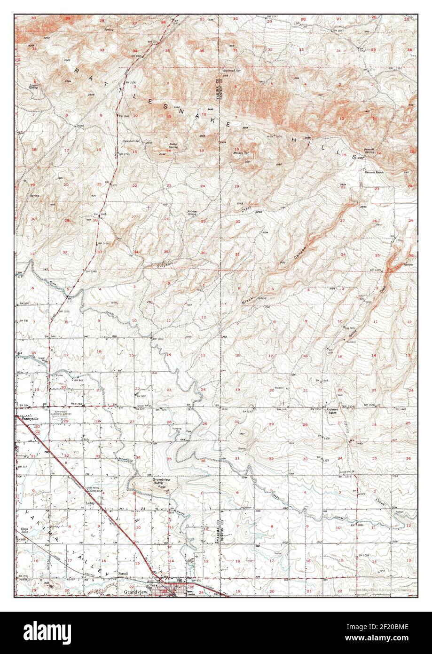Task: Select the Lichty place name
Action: coord(91,502)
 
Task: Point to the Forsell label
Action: coord(123,574)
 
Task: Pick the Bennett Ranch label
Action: coord(375,173)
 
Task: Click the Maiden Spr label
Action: coord(241,153)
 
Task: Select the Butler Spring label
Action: coord(173,146)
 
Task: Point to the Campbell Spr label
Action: coord(132,141)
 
